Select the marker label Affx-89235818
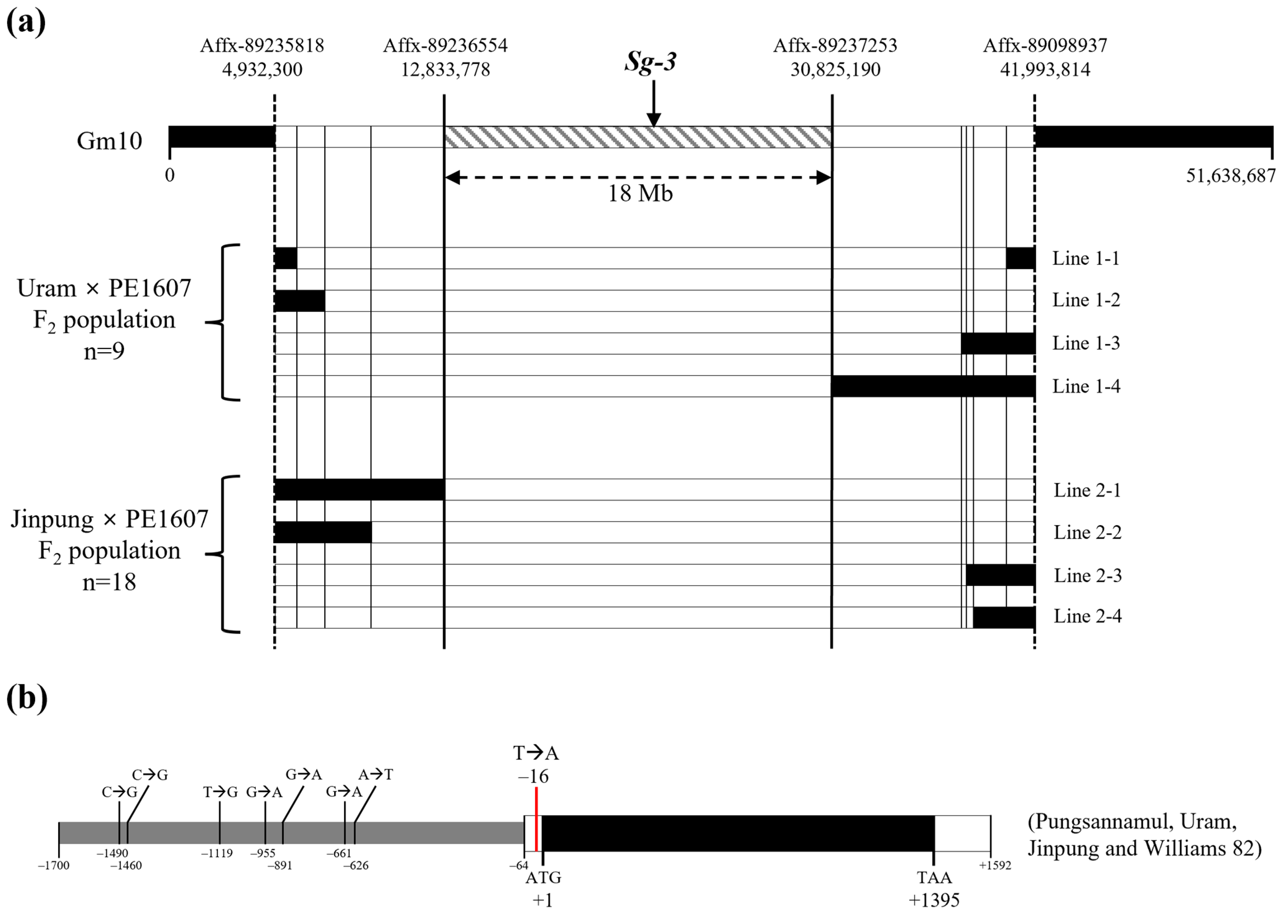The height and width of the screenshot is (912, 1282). tap(262, 45)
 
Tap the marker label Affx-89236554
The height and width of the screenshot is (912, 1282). tap(445, 45)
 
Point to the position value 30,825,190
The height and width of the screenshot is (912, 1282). tap(835, 70)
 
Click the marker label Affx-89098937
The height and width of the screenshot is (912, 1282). tap(1045, 45)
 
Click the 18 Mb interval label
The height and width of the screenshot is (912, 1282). tap(640, 194)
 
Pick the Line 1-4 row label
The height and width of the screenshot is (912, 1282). tap(1086, 386)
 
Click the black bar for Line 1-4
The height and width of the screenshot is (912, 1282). tap(933, 386)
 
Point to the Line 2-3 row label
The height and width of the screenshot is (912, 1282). tap(1087, 576)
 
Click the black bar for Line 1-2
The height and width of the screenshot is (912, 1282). tap(300, 301)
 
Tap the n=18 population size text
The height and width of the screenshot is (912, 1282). tap(109, 582)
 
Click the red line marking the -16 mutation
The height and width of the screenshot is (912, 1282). tap(537, 820)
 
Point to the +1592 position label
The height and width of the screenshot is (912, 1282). tap(995, 865)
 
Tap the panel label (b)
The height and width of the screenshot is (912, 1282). tap(26, 700)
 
